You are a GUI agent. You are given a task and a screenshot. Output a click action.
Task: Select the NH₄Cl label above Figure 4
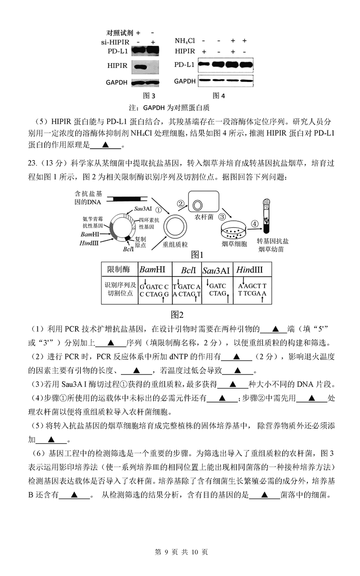[184, 41]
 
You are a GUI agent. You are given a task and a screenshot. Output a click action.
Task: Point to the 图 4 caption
[219, 95]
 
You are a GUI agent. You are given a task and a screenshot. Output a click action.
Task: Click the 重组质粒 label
[175, 247]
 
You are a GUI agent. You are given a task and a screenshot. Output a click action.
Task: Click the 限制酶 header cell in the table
[118, 269]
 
